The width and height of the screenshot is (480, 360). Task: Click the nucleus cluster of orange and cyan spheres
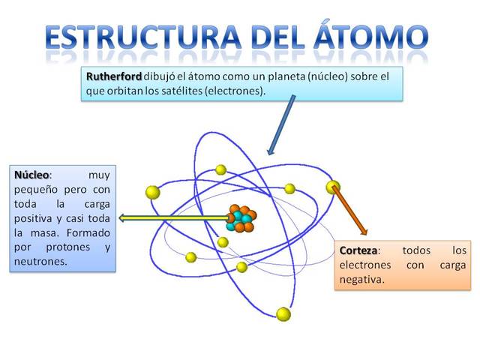pos(241,218)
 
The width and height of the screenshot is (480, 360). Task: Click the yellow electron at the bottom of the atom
pos(283,314)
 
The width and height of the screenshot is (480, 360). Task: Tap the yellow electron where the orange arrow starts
pos(332,187)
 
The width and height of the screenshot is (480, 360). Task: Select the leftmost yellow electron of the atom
pos(153,192)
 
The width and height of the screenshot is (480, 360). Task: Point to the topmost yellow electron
pos(220,169)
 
